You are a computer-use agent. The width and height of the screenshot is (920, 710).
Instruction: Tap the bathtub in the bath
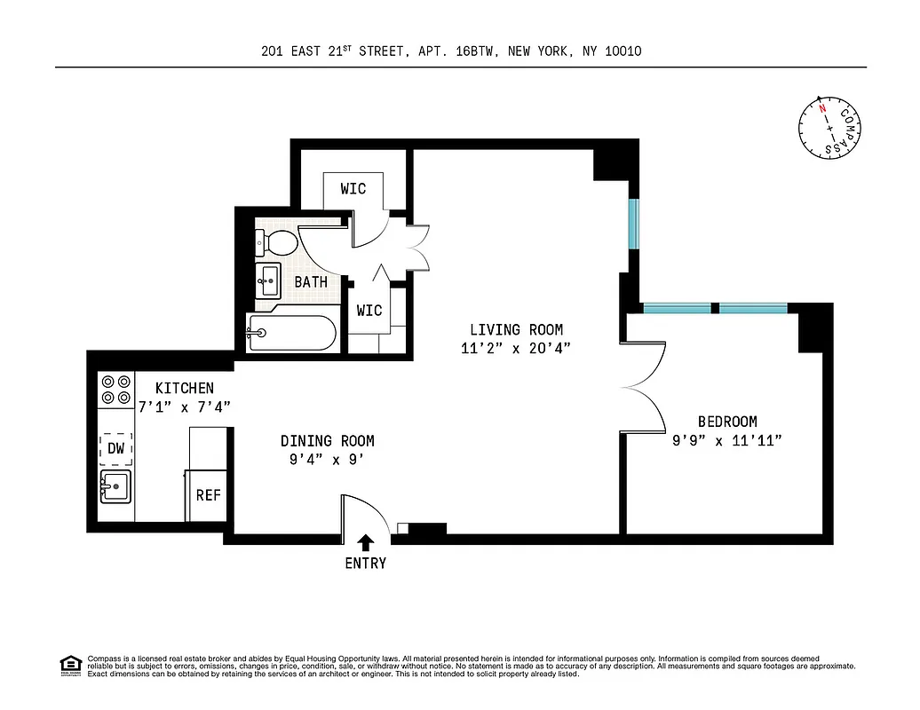292,334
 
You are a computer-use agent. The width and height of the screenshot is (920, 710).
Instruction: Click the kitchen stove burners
115,388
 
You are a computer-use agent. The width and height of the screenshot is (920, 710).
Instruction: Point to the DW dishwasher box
115,449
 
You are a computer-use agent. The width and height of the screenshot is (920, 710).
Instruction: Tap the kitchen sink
115,486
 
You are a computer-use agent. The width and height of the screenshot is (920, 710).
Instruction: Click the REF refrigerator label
208,495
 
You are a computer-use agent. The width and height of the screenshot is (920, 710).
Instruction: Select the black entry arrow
365,542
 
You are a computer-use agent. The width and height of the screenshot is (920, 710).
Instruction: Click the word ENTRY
365,563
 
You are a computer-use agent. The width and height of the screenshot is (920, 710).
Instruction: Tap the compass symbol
829,128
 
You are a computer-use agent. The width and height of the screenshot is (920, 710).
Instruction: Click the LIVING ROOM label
516,330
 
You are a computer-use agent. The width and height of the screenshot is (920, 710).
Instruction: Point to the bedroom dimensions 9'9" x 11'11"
726,439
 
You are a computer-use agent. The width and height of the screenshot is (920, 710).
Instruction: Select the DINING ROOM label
327,441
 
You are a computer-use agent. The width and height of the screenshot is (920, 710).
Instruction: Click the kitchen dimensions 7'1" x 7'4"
184,406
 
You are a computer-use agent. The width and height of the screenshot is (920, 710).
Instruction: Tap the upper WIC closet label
353,189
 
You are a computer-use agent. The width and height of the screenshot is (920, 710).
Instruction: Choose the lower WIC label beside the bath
369,311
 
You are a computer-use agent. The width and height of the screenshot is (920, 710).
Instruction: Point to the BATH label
311,282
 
